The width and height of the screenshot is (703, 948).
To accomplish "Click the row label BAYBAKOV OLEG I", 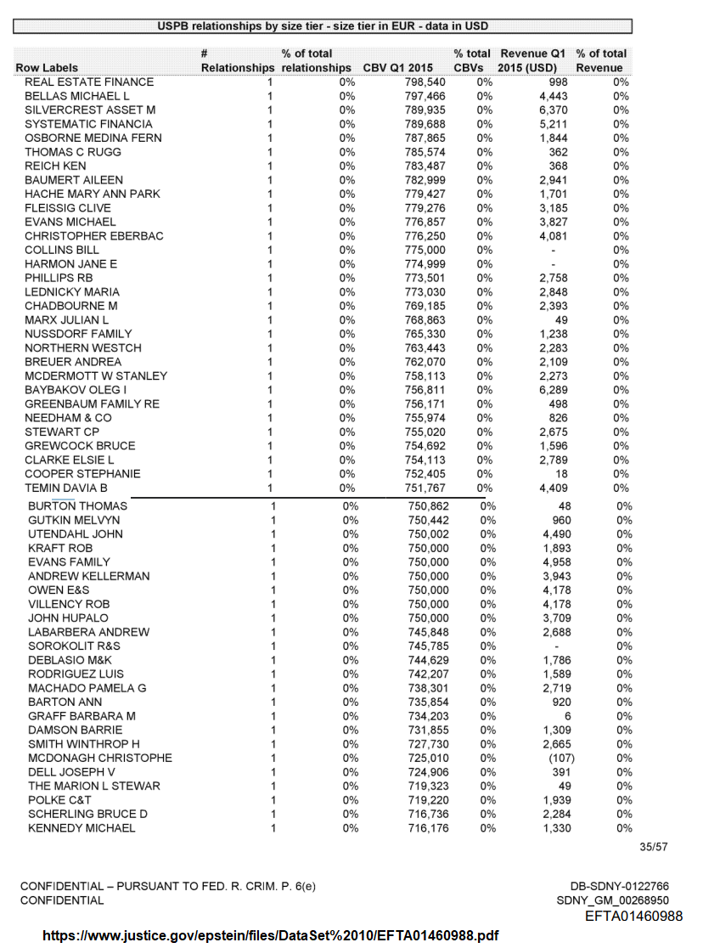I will click(x=73, y=390).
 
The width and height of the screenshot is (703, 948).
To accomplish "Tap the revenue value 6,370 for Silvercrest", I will click(x=554, y=110).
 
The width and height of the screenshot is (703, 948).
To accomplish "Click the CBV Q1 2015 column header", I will click(x=398, y=67).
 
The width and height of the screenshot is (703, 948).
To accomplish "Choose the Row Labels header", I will click(x=47, y=67).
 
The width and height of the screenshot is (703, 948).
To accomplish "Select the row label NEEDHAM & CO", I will click(x=68, y=418).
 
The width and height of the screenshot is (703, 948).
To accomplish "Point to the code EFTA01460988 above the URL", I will click(x=633, y=916).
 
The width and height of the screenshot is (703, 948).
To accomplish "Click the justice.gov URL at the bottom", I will click(x=270, y=936).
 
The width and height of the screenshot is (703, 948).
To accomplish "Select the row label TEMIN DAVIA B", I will click(x=66, y=488).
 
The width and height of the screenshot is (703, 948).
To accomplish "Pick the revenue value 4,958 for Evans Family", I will click(x=557, y=562).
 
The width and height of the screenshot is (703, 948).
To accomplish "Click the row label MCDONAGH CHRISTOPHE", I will click(x=100, y=758).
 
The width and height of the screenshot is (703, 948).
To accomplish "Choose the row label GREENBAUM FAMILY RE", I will click(x=92, y=404).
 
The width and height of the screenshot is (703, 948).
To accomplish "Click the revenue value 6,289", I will click(x=554, y=390).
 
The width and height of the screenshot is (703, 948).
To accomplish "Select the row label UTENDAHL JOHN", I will click(x=76, y=534).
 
